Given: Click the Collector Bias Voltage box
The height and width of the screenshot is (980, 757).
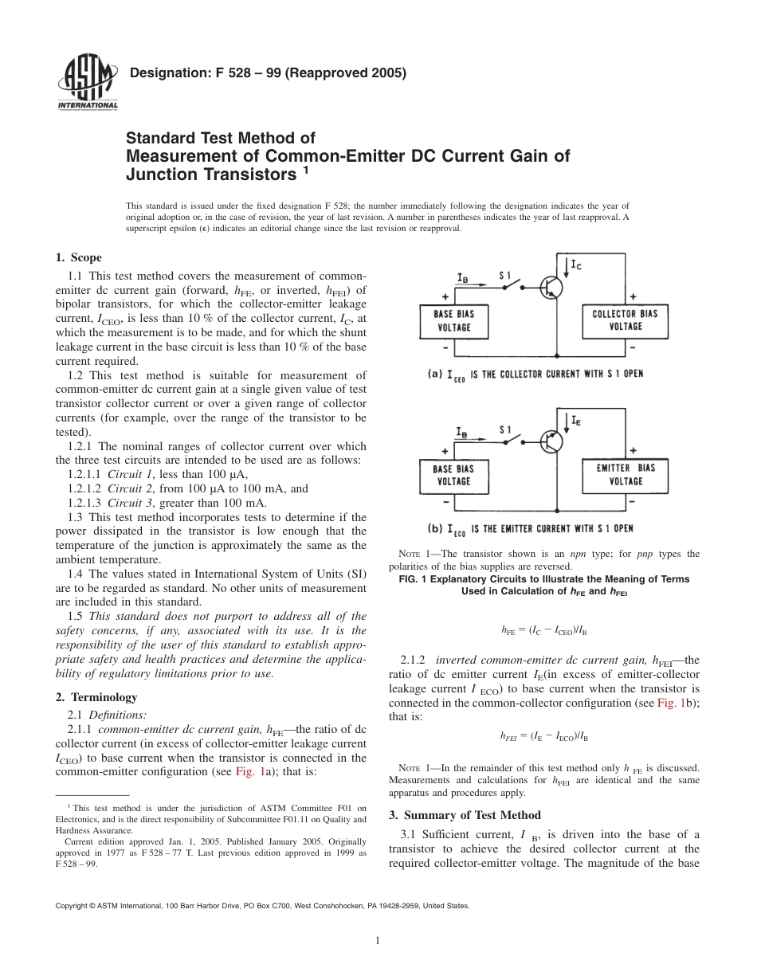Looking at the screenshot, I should [626, 320].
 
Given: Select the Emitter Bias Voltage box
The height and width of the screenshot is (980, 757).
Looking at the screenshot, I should [626, 474].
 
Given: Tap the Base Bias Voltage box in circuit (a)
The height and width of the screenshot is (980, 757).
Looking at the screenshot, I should [453, 320].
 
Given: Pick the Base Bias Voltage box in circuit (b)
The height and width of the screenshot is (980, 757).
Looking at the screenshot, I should [453, 475].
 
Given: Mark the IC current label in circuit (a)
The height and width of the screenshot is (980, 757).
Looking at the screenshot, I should [576, 264].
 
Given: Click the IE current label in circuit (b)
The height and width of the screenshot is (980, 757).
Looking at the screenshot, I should [576, 418].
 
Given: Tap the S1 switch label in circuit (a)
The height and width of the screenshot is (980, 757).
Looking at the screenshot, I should [505, 275].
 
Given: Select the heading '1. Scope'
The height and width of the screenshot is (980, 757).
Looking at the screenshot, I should [78, 257].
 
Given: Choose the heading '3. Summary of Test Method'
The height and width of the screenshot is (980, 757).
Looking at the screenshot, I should [464, 815].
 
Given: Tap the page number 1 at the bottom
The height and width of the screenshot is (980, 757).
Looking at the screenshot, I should [378, 941].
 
